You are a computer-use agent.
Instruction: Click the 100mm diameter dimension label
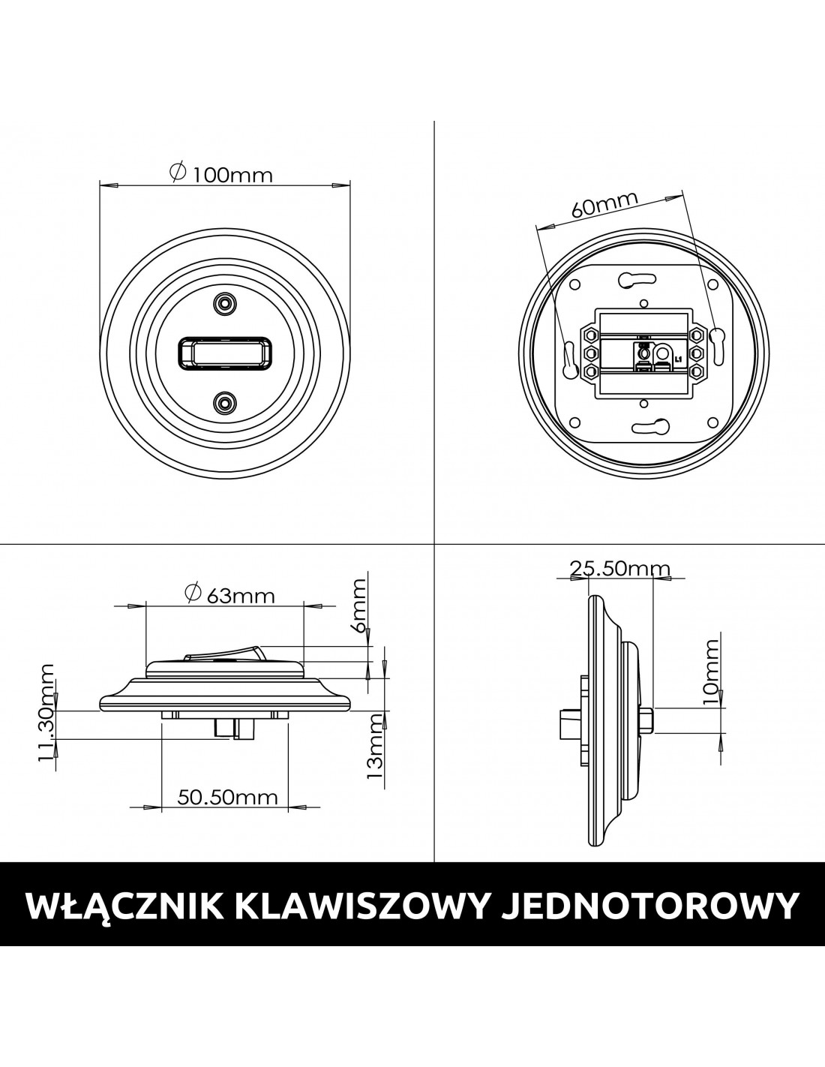click(x=220, y=174)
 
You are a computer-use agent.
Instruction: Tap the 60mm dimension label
click(x=605, y=204)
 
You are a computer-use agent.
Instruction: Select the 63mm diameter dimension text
click(x=229, y=595)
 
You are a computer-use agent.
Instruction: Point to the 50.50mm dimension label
click(x=228, y=797)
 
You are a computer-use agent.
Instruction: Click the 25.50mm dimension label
click(x=619, y=569)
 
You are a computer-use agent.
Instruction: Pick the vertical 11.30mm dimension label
click(x=46, y=713)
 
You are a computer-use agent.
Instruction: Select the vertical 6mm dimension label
click(x=358, y=607)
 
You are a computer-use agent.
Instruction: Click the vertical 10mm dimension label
click(x=711, y=673)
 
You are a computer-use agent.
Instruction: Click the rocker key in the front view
click(x=224, y=353)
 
